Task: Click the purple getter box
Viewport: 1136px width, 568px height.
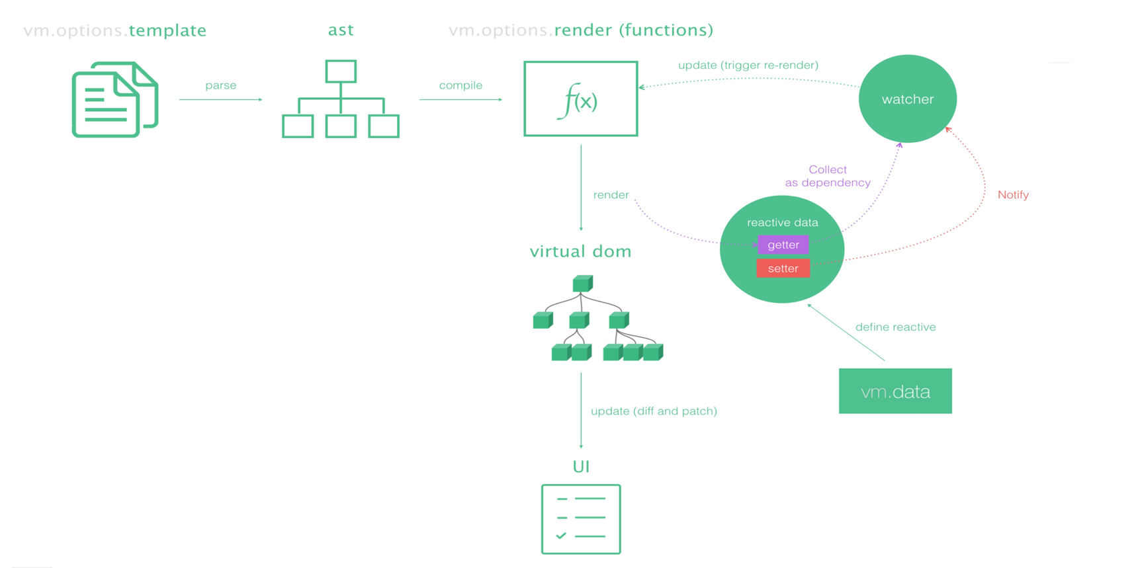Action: pos(783,245)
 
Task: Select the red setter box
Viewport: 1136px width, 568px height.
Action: pos(783,268)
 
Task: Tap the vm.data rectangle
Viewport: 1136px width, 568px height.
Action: pos(895,391)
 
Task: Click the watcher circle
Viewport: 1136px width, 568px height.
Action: pos(908,99)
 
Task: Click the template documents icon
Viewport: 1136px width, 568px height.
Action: pos(115,99)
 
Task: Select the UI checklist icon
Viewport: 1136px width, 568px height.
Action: pos(581,519)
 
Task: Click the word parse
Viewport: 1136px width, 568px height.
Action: pos(221,85)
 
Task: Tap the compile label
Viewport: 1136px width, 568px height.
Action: pos(461,85)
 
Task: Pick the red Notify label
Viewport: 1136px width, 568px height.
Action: pos(1013,195)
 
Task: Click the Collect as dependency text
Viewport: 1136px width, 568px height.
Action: pos(828,176)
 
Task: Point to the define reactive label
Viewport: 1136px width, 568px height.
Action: pos(896,327)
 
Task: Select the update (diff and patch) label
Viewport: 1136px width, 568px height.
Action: pos(654,411)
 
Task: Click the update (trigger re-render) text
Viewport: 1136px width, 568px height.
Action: pos(748,65)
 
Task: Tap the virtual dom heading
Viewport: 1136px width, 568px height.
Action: pos(581,251)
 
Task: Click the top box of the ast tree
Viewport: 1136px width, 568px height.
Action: pos(341,71)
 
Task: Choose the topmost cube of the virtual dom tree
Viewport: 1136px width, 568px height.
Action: pos(583,284)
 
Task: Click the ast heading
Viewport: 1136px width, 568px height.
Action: pos(341,30)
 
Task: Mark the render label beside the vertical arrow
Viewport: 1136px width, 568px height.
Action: pos(611,195)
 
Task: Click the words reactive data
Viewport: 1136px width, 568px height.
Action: pos(783,223)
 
